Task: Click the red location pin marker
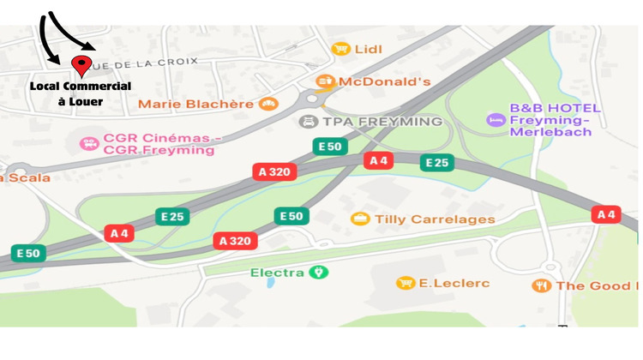82,65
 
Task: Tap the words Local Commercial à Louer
81,93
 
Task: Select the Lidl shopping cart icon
340,49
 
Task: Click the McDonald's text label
384,82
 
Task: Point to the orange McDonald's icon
325,82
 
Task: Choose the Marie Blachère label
195,104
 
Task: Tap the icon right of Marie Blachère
268,104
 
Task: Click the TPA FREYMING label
381,122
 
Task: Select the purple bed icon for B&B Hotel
495,119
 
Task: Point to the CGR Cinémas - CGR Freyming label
163,143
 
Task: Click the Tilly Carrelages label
435,219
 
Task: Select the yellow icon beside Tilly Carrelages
361,219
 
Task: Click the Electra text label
277,273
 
